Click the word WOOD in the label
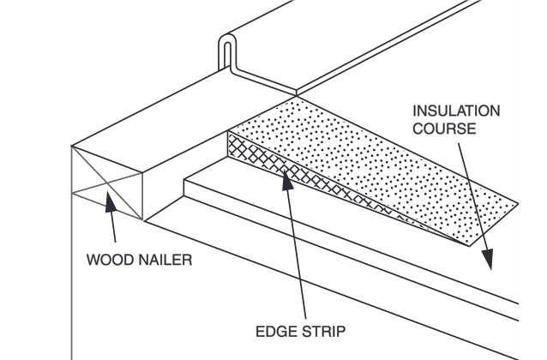click(109, 261)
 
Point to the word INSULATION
click(457, 112)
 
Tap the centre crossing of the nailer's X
click(106, 182)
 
